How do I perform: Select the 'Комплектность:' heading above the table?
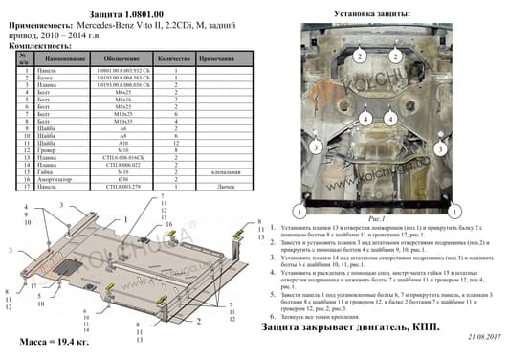[x=38, y=46]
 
